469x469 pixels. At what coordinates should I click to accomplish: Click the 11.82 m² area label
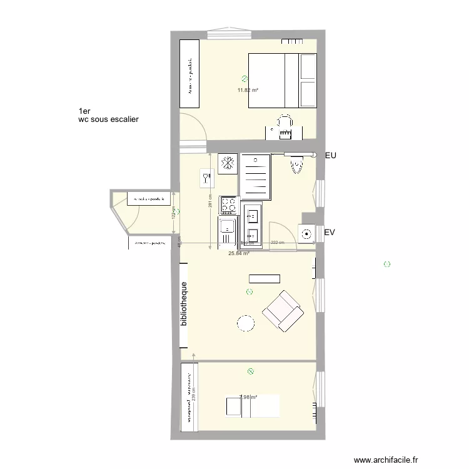(x=248, y=90)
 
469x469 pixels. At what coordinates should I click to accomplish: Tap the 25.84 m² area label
(x=239, y=253)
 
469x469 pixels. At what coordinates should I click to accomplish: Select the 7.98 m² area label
(x=249, y=396)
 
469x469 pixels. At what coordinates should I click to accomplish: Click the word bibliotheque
(x=184, y=305)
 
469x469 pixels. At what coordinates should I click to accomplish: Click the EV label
(x=331, y=233)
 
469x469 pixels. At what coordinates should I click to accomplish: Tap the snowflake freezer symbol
(x=228, y=163)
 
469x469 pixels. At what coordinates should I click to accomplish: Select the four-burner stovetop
(x=228, y=205)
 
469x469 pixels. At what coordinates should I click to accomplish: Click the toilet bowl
(x=297, y=165)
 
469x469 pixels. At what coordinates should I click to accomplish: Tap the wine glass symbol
(x=205, y=178)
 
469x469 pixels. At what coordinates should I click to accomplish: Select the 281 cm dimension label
(x=211, y=201)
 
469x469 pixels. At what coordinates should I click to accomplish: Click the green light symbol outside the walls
(x=386, y=265)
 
